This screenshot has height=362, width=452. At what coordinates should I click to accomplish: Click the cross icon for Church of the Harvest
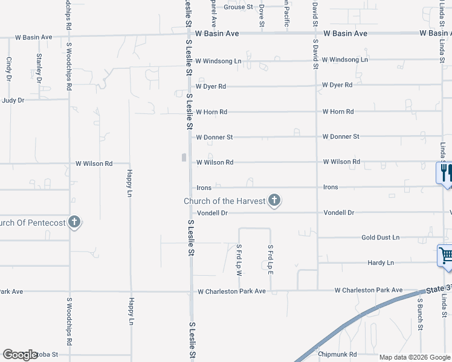point(274,200)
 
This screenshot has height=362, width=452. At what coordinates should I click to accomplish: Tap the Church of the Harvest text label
point(225,201)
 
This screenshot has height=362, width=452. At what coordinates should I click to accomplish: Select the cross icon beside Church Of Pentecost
point(74,222)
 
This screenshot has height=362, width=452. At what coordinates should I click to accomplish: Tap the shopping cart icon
point(445,255)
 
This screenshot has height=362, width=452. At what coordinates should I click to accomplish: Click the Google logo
point(20,355)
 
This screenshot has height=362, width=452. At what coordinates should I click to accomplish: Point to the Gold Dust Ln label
point(381,238)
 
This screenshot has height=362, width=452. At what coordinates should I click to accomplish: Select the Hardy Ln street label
point(381,263)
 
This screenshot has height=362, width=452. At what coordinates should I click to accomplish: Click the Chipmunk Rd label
point(338,354)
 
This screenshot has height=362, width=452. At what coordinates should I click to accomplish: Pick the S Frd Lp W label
point(239,261)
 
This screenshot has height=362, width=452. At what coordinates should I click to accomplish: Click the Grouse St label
point(238,7)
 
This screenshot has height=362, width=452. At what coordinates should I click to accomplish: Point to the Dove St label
point(262,14)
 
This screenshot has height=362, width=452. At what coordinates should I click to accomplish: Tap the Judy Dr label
point(13,100)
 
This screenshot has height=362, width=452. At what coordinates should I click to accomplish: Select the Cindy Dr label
point(9,69)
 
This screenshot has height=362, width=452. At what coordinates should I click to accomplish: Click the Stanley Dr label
point(39,68)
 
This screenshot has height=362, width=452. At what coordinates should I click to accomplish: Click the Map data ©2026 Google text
point(414,357)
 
